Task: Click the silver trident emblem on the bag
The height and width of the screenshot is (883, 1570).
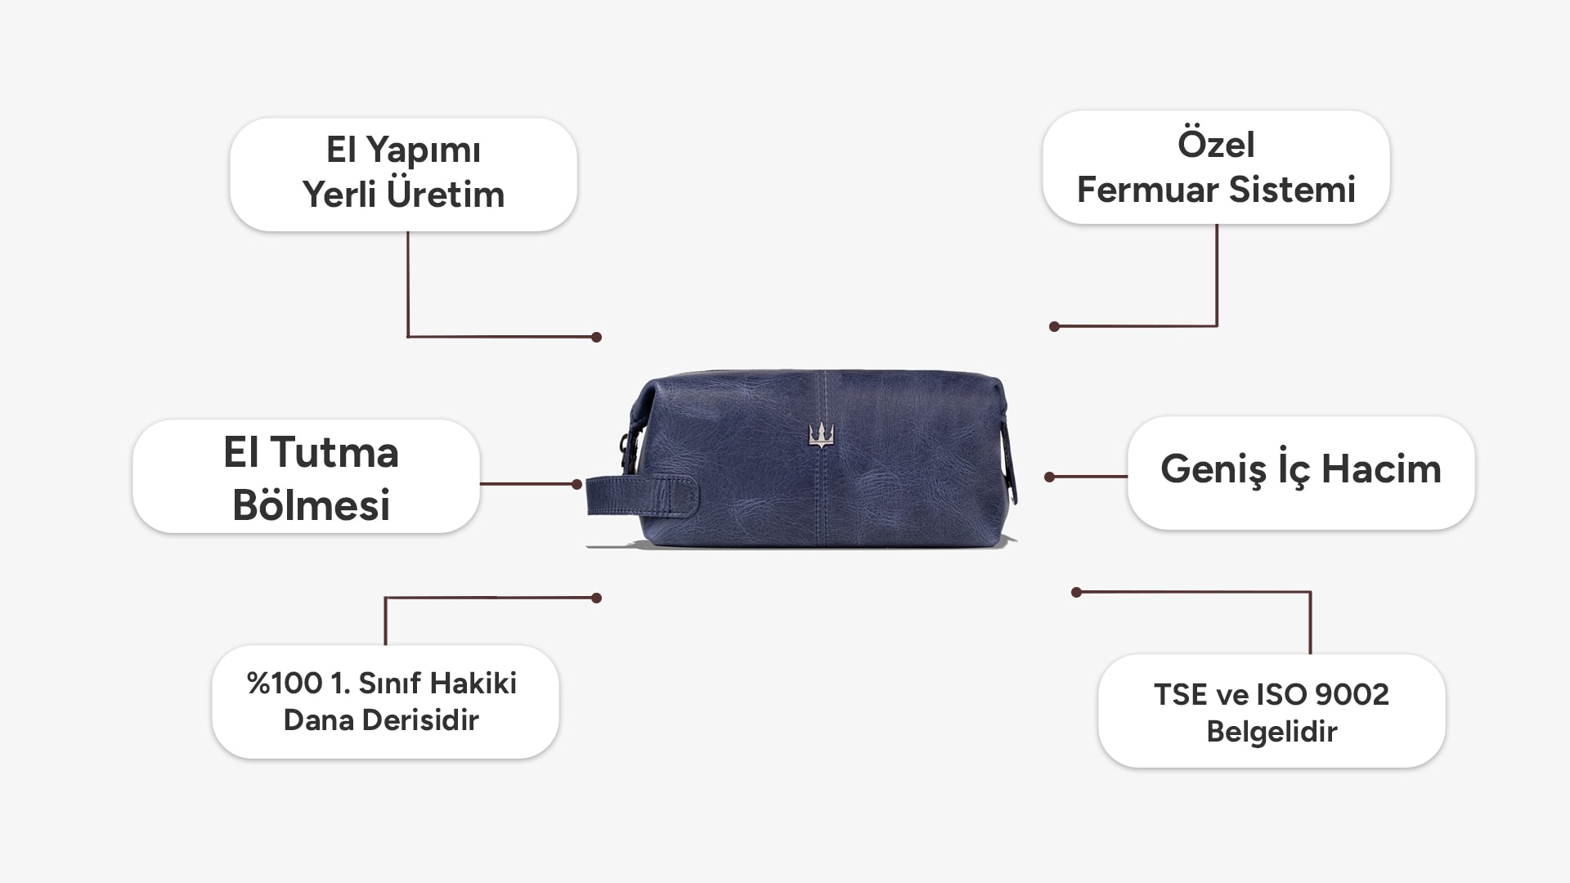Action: click(821, 434)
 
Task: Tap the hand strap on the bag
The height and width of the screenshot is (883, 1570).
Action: click(642, 497)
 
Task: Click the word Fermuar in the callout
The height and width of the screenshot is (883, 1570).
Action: click(1148, 190)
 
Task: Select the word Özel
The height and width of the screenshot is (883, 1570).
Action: click(1216, 144)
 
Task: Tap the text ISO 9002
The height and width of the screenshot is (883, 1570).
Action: click(1322, 695)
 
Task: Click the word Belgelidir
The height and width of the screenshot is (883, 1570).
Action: click(1272, 731)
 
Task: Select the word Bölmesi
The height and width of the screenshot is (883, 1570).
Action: click(311, 504)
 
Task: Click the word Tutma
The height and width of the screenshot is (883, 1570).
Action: click(334, 452)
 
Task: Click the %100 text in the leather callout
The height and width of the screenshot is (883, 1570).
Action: click(285, 683)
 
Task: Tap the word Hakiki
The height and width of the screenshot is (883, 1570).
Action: click(473, 683)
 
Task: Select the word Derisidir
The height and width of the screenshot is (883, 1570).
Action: click(420, 719)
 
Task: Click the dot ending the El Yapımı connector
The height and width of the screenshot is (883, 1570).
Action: click(596, 337)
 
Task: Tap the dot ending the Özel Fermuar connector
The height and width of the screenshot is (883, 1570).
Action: click(1054, 326)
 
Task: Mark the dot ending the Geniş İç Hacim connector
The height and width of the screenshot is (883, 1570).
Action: click(1050, 477)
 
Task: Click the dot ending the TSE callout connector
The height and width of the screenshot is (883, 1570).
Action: click(1076, 592)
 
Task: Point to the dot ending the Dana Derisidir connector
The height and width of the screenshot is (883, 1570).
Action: click(596, 598)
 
